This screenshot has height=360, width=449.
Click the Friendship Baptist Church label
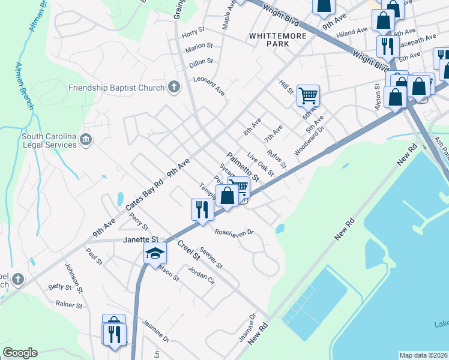click(116, 88)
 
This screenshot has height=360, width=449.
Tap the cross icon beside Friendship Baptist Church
click(174, 88)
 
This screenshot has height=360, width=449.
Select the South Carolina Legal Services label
click(49, 140)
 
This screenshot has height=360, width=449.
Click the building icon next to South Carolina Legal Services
click(86, 140)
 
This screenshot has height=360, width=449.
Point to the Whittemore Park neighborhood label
click(278, 40)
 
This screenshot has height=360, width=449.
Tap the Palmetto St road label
click(244, 166)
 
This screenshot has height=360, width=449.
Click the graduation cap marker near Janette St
click(154, 254)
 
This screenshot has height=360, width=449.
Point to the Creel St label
click(188, 250)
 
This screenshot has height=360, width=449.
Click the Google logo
click(20, 353)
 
